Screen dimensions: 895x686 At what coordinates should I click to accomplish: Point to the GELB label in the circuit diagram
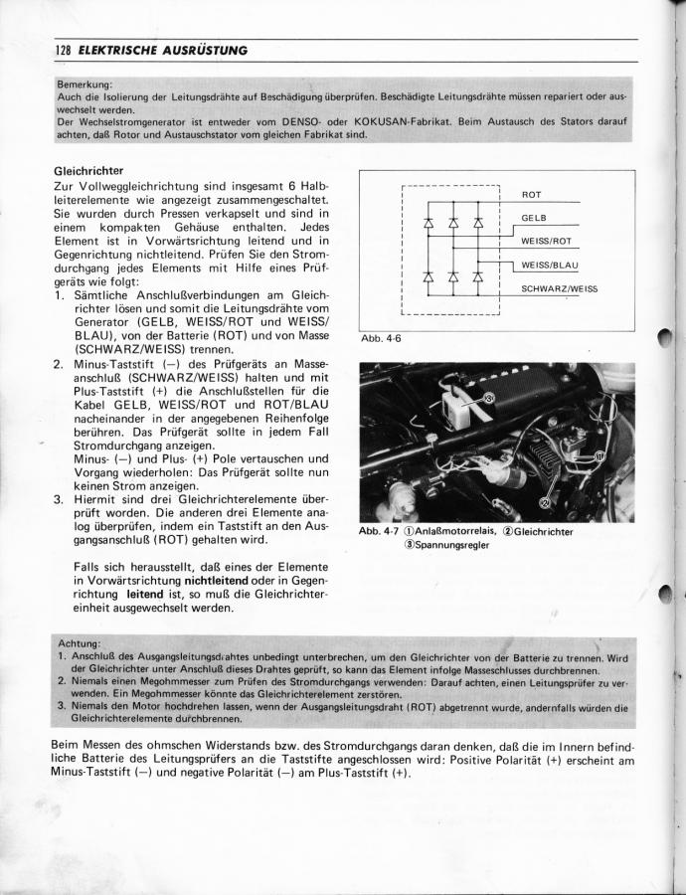536,217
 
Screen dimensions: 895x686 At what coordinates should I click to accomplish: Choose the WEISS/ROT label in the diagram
546,241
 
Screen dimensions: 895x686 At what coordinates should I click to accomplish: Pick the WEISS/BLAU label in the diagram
550,266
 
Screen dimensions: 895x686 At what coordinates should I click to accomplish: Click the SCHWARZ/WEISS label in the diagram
560,289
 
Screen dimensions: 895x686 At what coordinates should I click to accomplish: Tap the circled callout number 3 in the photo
489,397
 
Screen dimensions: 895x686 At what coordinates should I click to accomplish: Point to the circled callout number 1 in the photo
600,454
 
